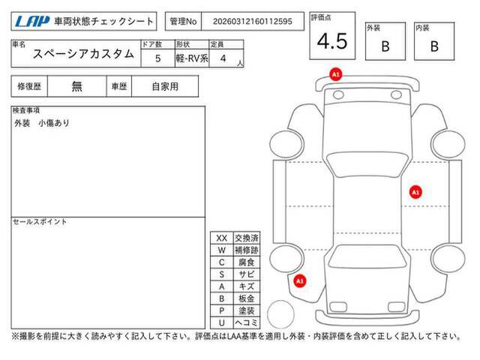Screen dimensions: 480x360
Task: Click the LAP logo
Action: point(32,22)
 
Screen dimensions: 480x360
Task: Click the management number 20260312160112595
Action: point(253,22)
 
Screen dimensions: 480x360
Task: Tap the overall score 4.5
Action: point(332,41)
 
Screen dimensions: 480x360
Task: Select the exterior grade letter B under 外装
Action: point(385,46)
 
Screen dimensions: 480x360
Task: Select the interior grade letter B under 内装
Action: point(434,46)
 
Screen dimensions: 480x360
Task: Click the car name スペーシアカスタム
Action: point(83,54)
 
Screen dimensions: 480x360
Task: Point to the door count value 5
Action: point(158,58)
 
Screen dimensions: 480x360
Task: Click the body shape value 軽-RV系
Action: point(192,58)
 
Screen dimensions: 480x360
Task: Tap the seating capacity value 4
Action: point(223,58)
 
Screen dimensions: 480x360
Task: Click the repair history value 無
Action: point(76,86)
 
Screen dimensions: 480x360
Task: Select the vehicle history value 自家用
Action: point(165,87)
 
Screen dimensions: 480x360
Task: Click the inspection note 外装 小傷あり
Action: point(42,123)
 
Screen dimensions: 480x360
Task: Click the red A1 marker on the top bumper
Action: point(336,74)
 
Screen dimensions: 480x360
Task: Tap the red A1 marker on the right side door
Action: point(415,192)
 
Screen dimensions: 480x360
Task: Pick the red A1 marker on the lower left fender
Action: point(300,281)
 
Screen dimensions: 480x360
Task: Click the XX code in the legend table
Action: point(222,238)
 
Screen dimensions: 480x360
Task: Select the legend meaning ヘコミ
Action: point(247,322)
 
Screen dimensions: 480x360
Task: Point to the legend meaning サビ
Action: point(247,274)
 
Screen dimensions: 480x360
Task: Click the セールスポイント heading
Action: point(40,222)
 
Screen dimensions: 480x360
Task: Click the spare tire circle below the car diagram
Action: point(280,314)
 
